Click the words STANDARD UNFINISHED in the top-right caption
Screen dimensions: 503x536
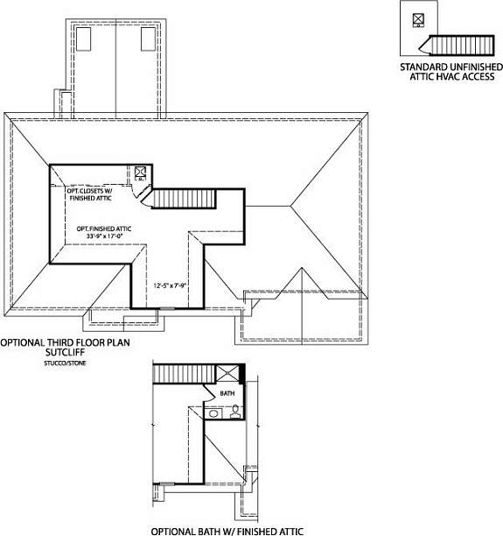point(451,67)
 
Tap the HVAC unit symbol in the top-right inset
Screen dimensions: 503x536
point(418,20)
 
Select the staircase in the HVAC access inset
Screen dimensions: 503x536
point(457,46)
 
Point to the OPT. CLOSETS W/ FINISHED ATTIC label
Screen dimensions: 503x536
point(90,194)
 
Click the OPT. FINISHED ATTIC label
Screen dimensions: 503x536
point(104,229)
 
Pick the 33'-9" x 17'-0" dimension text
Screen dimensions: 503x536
point(104,236)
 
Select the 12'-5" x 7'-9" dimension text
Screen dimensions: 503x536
point(170,286)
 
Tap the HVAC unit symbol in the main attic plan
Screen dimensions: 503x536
point(140,173)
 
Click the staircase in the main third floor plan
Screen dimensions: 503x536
point(184,199)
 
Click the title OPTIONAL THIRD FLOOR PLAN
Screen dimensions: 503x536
point(65,342)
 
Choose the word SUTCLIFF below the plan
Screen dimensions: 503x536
point(65,352)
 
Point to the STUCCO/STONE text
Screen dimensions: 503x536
point(65,363)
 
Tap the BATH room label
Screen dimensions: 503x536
point(227,393)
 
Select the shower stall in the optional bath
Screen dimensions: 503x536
point(228,373)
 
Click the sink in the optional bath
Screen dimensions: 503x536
point(213,413)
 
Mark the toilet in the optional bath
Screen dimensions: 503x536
point(235,412)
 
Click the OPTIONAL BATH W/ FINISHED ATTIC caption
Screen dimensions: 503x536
point(227,532)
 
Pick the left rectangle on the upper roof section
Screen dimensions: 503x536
point(83,39)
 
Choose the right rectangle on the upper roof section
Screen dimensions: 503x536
point(148,39)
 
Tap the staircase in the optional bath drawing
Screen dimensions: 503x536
point(185,374)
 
